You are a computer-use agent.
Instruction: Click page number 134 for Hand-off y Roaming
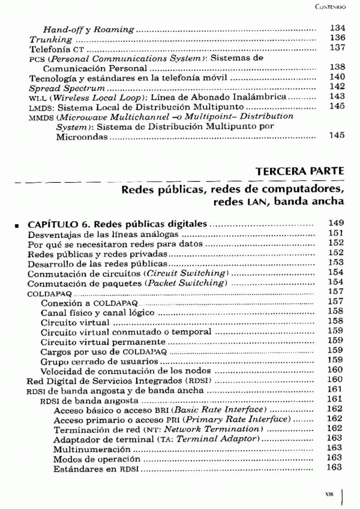click(x=337, y=28)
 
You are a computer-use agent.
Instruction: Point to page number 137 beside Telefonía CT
click(x=337, y=47)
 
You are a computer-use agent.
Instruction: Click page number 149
click(x=336, y=224)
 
